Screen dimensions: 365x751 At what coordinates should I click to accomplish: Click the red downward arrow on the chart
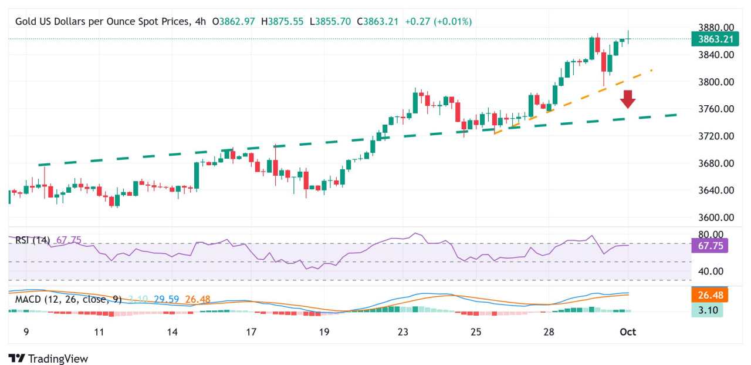[x=628, y=99]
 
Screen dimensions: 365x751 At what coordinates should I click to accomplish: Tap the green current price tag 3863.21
[x=715, y=39]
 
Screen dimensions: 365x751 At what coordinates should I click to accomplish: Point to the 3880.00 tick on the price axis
[x=716, y=28]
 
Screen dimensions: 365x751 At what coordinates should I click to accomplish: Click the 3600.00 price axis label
[x=716, y=217]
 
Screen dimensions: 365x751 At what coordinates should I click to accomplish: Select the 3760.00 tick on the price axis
[x=716, y=109]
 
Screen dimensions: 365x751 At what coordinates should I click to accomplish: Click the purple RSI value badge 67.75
[x=710, y=246]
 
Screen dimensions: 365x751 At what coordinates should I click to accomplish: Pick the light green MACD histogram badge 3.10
[x=707, y=310]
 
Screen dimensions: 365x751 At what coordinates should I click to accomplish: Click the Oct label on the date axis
[x=628, y=332]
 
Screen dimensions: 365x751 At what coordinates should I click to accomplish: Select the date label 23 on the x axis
[x=402, y=332]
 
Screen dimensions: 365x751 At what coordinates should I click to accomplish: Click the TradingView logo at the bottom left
[x=48, y=359]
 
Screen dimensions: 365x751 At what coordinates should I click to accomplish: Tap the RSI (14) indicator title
[x=33, y=240]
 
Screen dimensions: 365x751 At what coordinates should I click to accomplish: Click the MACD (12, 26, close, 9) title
[x=68, y=300]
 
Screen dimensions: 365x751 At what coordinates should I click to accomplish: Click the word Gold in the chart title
[x=26, y=22]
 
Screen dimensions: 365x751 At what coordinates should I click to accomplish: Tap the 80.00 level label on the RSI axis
[x=712, y=235]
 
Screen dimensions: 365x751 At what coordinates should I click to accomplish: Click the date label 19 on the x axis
[x=324, y=332]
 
